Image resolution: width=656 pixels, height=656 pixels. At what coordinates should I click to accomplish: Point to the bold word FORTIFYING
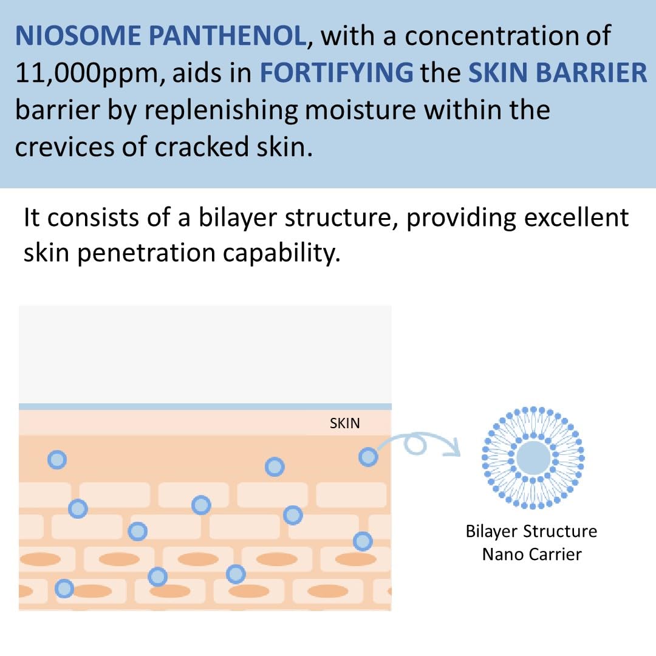[337, 73]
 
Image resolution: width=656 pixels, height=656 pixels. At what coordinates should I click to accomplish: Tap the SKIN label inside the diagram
[344, 423]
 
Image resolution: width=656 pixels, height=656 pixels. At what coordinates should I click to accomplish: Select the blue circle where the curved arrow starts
[368, 457]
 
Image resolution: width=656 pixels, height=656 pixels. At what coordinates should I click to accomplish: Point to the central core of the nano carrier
[533, 457]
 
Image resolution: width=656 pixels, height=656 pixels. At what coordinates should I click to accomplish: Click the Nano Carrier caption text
[531, 554]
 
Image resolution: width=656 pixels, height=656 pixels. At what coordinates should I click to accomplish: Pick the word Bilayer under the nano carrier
[492, 531]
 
